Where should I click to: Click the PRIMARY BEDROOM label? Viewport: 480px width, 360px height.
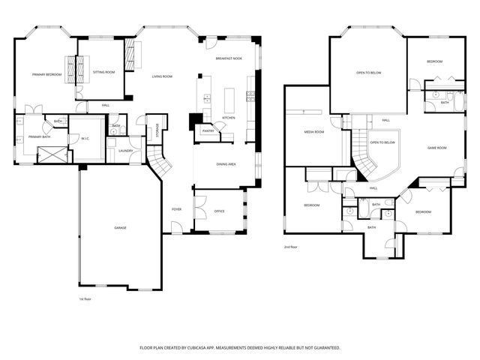coord(46,75)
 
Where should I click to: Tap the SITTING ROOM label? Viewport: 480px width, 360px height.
coord(103,72)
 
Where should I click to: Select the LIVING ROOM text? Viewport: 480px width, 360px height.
coord(162,76)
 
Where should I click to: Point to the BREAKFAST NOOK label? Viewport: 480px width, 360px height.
coord(228,58)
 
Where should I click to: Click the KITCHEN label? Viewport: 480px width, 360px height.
coord(229,118)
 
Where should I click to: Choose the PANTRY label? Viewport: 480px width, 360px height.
coord(207,131)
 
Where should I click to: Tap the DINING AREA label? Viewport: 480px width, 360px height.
coord(227,163)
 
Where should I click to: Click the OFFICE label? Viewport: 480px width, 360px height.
coord(220,211)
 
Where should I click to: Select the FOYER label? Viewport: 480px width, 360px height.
coord(177,209)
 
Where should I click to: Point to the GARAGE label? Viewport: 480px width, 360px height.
coord(120,227)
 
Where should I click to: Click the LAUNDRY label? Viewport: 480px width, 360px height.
coord(125,151)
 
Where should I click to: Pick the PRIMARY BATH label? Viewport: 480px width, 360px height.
coord(39,137)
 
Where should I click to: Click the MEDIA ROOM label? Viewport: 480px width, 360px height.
coord(313,132)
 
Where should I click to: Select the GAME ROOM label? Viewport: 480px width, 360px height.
coord(437,148)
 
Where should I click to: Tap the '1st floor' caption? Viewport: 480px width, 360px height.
coord(85,298)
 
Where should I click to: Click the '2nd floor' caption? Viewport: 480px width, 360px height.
coord(291,247)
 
